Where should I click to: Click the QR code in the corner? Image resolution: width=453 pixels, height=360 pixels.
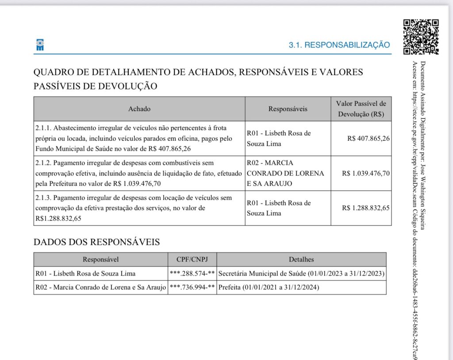coord(421,37)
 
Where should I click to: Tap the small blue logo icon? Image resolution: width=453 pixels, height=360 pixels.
coord(40,45)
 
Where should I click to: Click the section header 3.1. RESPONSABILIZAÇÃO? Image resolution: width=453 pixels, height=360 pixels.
coord(339,45)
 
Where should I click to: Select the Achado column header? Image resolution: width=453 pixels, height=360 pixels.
coord(139,109)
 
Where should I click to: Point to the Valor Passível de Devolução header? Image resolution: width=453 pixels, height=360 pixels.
coord(361,109)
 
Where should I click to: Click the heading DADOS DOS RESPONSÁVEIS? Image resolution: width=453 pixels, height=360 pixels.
coord(96,242)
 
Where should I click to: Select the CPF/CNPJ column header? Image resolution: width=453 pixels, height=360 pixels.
coord(192,260)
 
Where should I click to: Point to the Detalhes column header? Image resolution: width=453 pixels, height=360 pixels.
coord(301,260)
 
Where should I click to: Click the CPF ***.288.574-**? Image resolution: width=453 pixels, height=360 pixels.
coord(192,273)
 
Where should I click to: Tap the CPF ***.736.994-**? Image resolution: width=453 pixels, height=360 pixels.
coord(192,287)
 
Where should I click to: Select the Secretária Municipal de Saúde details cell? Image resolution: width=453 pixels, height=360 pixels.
coord(301,273)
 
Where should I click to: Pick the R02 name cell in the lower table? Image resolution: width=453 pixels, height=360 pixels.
coord(100,287)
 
